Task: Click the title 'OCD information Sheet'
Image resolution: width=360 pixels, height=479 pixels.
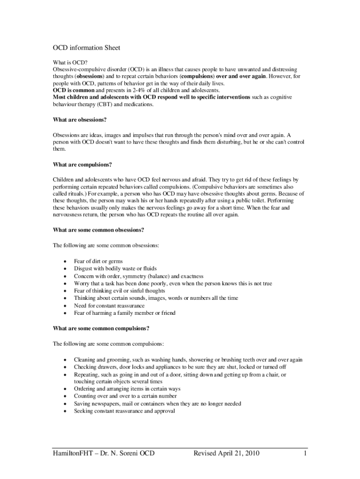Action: [x=86, y=48]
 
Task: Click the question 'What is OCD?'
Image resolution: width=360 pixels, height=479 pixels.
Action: [x=70, y=62]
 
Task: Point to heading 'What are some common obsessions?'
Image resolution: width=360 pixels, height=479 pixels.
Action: [x=99, y=230]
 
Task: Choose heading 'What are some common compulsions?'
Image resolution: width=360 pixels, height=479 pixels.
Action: [x=101, y=328]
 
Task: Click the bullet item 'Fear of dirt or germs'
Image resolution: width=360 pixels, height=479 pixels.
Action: [x=98, y=261]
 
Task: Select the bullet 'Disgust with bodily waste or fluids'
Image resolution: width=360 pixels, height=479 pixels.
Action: [x=115, y=269]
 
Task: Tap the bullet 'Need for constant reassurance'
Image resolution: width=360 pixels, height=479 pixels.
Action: [x=109, y=305]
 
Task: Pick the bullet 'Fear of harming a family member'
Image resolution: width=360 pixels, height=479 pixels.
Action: [x=124, y=313]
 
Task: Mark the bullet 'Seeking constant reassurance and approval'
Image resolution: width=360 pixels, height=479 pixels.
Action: [x=124, y=411]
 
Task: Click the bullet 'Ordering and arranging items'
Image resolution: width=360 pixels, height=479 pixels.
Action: [x=127, y=389]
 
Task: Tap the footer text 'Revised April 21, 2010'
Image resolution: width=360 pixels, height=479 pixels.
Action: [x=226, y=453]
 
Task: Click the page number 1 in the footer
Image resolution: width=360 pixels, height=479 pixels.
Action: [x=305, y=453]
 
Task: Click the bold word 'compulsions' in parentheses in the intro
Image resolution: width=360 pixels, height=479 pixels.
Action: [x=198, y=76]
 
